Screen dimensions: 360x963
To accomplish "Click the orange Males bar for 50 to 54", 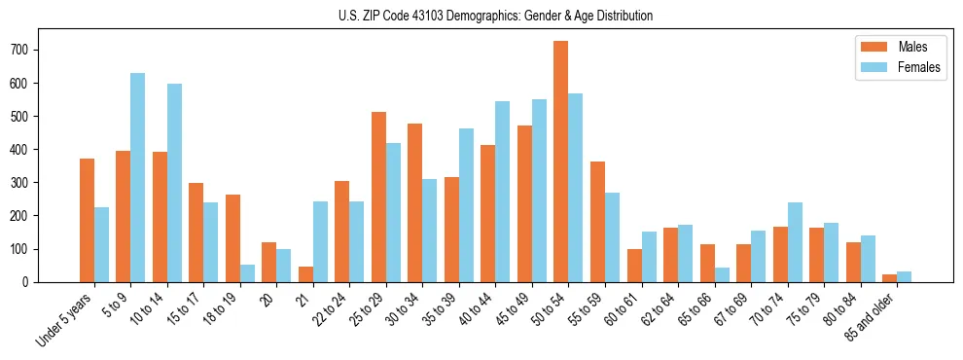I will (561, 162).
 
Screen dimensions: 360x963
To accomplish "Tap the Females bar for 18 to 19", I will (247, 273).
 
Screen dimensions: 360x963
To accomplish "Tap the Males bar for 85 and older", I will (889, 278).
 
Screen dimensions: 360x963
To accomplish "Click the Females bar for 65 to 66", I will (722, 274).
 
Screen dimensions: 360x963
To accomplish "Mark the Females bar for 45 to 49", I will (539, 191).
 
